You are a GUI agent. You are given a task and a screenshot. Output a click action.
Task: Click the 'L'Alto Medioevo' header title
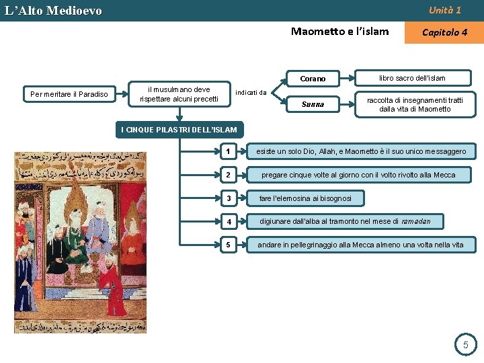pos(54,11)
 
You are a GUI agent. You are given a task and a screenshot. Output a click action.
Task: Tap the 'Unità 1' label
pos(445,10)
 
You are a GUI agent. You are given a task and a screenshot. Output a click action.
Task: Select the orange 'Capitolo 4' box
pos(444,32)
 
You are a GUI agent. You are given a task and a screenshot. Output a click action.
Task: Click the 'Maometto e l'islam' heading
pos(339,31)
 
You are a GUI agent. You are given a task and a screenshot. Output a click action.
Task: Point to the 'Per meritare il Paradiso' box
pos(69,94)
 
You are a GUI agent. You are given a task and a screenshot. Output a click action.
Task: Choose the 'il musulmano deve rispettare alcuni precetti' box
pos(179,94)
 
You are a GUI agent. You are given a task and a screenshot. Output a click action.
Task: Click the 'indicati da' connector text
pos(253,93)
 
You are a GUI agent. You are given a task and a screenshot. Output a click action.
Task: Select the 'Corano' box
pos(313,79)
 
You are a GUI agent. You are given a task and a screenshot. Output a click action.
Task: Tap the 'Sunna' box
pos(313,104)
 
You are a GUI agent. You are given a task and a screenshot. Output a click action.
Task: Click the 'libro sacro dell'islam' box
pos(412,79)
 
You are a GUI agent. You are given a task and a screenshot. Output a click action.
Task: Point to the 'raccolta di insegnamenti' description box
pos(415,104)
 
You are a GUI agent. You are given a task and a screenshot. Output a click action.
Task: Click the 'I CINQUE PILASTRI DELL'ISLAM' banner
pos(179,129)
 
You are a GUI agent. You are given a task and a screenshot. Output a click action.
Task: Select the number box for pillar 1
pos(229,152)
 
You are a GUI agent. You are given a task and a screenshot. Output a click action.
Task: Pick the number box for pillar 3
pos(229,198)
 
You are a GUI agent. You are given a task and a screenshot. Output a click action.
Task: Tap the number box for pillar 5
pos(229,245)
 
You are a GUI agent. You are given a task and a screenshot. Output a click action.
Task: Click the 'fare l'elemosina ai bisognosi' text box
pos(305,198)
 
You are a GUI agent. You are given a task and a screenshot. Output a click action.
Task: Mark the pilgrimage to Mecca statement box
pos(360,245)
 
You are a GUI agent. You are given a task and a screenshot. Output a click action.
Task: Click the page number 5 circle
pos(465,346)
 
